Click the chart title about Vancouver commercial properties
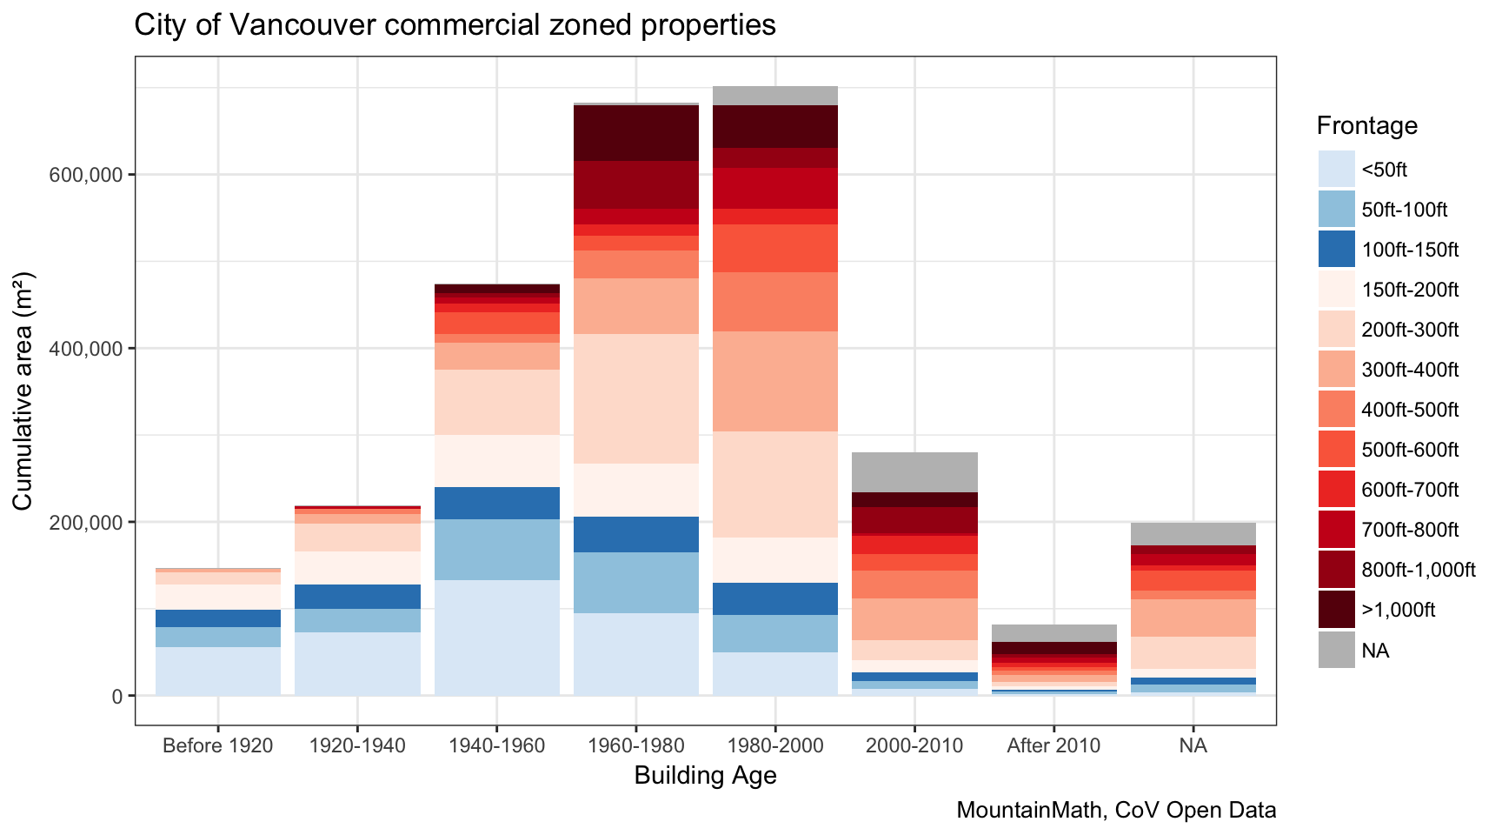(x=455, y=25)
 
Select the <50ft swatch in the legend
(x=1336, y=170)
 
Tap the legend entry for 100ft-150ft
(x=1336, y=250)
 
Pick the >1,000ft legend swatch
(x=1336, y=610)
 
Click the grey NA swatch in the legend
(x=1336, y=650)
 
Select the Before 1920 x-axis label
(x=218, y=745)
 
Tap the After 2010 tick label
(x=1053, y=745)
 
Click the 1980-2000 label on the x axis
(x=775, y=745)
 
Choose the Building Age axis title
(x=705, y=775)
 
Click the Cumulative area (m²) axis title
(x=23, y=391)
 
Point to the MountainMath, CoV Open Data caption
(x=1116, y=811)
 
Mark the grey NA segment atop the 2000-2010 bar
(x=914, y=472)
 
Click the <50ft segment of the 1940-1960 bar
(x=497, y=638)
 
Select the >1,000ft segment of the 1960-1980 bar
(x=636, y=133)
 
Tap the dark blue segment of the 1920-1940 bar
(x=358, y=597)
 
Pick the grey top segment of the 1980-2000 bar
(x=775, y=96)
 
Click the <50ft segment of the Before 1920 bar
(x=218, y=671)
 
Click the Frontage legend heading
(x=1367, y=126)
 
